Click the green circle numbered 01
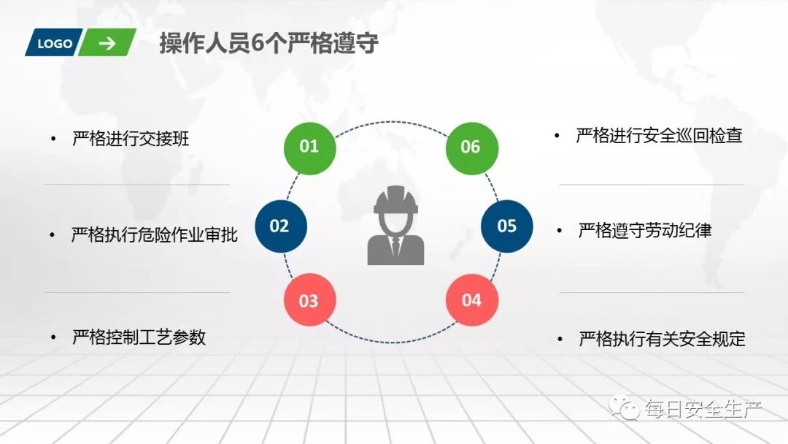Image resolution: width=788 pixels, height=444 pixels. pos(309,147)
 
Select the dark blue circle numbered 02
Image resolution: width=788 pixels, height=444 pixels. pos(280,226)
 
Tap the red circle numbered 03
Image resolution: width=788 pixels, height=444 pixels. pos(309,300)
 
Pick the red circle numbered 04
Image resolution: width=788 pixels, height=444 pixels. pos(472,300)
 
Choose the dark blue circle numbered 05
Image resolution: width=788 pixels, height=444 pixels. pos(506,226)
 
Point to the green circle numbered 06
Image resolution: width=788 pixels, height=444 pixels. pos(471,147)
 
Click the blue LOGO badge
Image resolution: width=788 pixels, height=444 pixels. pos(55,43)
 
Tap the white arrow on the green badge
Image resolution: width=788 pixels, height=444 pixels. pos(107,43)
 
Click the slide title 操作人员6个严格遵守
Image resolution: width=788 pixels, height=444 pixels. pos(269,44)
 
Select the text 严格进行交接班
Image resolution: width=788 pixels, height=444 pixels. pos(131,139)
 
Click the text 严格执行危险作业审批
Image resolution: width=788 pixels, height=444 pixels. pos(154,235)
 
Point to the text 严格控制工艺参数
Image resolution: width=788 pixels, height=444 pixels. pos(139,337)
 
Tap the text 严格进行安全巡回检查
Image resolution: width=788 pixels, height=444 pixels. pos(659,136)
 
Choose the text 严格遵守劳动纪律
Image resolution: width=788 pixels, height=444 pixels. pos(644,231)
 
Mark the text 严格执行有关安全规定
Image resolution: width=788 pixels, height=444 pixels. pos(662,339)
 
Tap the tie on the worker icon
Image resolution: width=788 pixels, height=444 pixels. pos(395,245)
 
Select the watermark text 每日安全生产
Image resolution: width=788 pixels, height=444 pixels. pos(702,410)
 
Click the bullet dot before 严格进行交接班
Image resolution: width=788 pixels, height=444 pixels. pos(52,139)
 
